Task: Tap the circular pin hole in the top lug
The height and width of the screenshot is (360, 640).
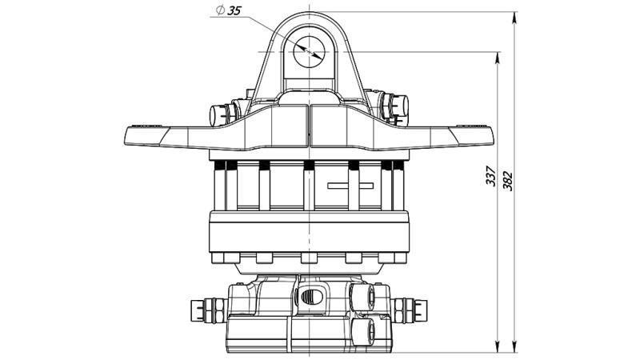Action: pos(309,51)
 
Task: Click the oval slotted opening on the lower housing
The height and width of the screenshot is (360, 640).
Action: pos(312,296)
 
